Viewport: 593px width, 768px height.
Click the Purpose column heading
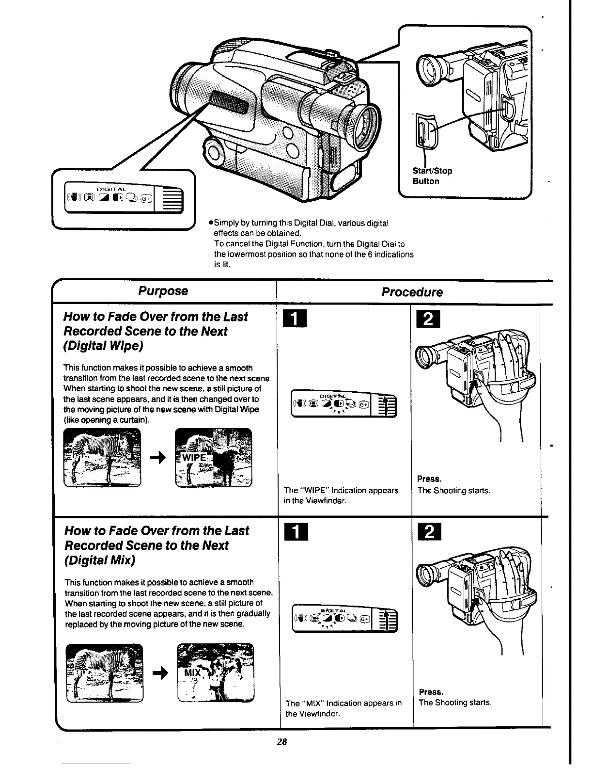pyautogui.click(x=163, y=291)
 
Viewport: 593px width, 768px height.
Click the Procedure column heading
pyautogui.click(x=412, y=292)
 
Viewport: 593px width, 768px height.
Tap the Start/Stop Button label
pyautogui.click(x=432, y=176)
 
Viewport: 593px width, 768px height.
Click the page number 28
pyautogui.click(x=282, y=741)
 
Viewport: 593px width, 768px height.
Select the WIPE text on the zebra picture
pyautogui.click(x=194, y=458)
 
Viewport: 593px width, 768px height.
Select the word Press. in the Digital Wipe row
pyautogui.click(x=429, y=480)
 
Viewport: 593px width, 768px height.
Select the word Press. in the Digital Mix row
pyautogui.click(x=431, y=692)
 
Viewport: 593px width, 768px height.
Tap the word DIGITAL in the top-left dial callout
pyautogui.click(x=111, y=189)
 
